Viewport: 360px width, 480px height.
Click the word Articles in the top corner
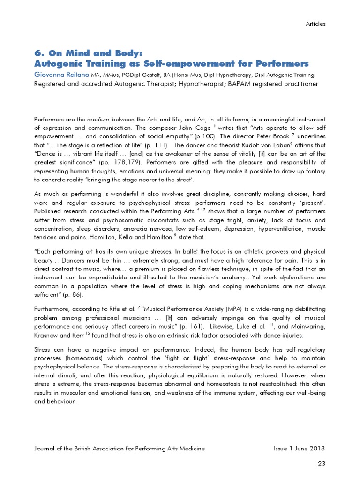[x=315, y=23]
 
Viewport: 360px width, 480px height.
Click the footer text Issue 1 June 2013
[x=299, y=449]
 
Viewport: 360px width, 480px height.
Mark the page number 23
[x=321, y=464]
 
